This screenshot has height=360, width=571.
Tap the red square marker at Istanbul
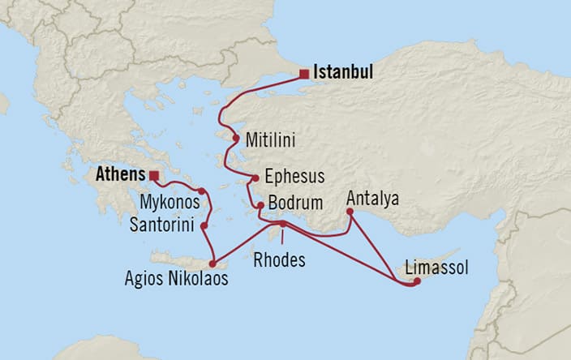303,75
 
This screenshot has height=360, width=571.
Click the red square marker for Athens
154,174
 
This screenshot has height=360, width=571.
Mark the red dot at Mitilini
236,139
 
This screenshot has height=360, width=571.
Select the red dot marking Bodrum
260,206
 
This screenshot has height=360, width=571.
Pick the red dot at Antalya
350,212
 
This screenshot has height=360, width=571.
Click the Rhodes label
280,260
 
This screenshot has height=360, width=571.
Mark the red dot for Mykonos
202,191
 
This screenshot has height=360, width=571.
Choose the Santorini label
162,224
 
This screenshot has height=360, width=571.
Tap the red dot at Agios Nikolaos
213,263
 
